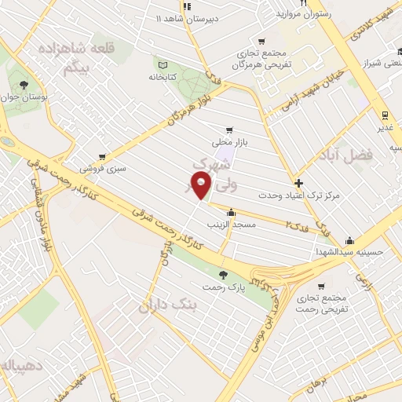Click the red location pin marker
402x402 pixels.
(x=202, y=185)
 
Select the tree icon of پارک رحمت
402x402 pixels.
(x=225, y=274)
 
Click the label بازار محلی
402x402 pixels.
(x=228, y=143)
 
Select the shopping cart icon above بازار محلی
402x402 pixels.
(x=228, y=130)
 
